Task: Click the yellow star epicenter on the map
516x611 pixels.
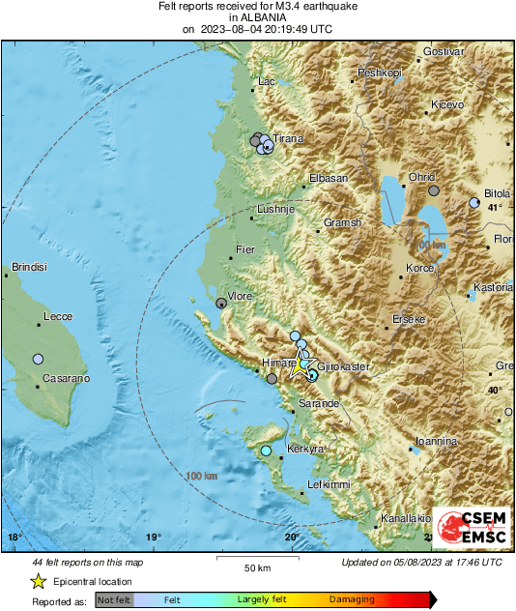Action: [x=301, y=366]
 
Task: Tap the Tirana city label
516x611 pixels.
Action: [x=288, y=139]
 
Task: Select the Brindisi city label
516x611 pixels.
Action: [x=29, y=267]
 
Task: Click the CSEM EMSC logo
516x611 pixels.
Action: [x=471, y=528]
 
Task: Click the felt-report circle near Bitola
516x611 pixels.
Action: [x=474, y=203]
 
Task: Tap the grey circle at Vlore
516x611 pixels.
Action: [x=221, y=304]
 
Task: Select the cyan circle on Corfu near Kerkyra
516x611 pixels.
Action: [x=266, y=451]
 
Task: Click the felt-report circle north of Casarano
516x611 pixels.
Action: [x=38, y=359]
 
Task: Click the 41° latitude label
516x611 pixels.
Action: [x=495, y=208]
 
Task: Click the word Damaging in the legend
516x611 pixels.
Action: [x=352, y=600]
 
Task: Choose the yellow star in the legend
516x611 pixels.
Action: [x=38, y=582]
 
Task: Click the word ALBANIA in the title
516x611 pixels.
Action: [x=257, y=17]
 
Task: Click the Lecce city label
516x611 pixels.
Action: [x=59, y=316]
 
